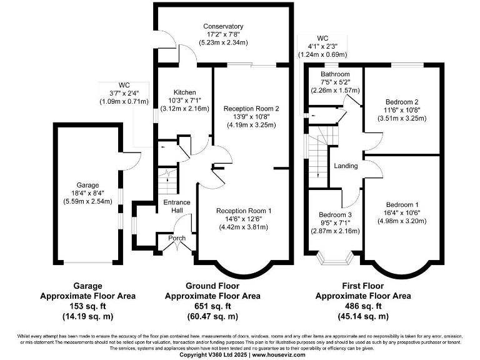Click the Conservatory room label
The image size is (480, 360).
coord(223,26)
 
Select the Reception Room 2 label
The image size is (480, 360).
coord(251,108)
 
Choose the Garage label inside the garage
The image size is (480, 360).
coord(87,186)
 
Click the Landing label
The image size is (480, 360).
coord(346,166)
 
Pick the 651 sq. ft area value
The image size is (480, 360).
coord(212,306)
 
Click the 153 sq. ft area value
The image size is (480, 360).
coord(87,306)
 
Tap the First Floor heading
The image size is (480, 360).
coord(362,286)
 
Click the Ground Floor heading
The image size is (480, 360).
coord(212,286)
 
